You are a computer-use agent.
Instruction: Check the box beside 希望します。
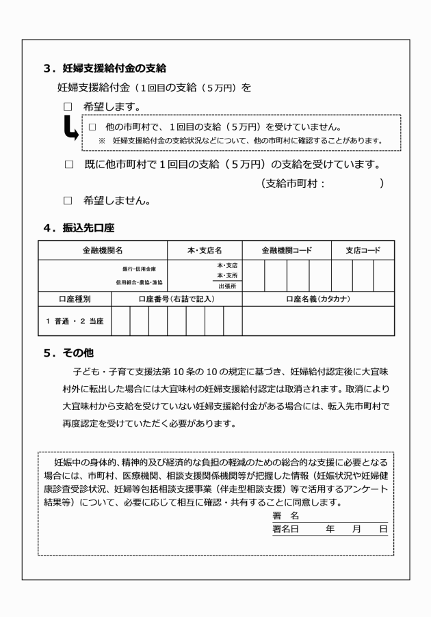68,107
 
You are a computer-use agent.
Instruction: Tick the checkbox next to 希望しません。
68,202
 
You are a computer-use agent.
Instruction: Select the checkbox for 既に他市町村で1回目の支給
68,165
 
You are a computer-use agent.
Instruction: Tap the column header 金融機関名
103,251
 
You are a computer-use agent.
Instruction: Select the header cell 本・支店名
205,251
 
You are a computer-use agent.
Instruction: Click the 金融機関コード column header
287,251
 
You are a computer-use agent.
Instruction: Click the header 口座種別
74,299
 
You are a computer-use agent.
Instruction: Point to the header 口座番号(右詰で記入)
176,299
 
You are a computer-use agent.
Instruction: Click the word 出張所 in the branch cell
227,286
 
